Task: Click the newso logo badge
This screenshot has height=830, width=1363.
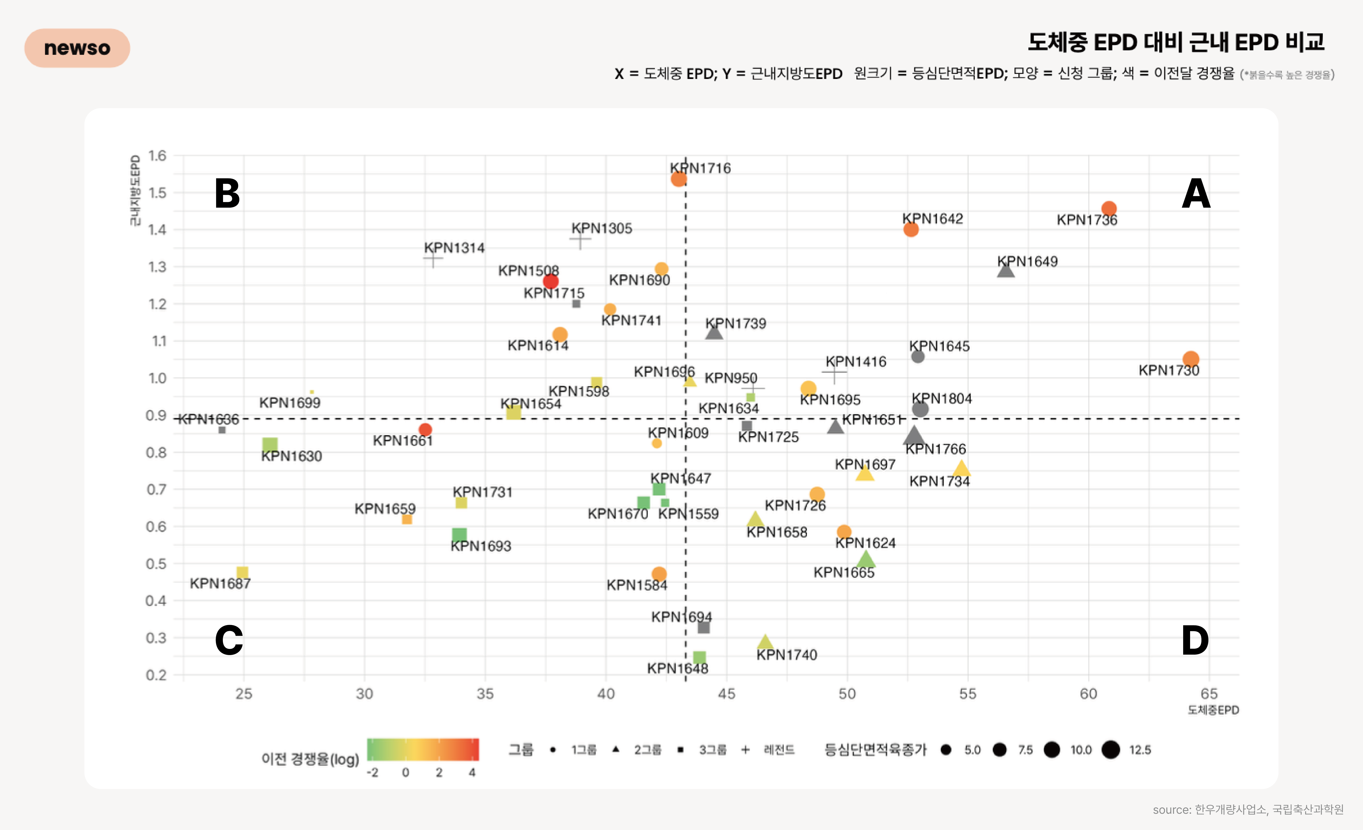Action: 77,48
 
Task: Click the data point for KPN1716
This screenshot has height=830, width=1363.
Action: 679,179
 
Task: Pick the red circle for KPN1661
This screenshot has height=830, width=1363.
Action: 425,429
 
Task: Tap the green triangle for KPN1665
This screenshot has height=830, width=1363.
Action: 866,559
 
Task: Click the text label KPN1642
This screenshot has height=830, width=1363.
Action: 933,219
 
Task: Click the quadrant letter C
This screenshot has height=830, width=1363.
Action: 229,640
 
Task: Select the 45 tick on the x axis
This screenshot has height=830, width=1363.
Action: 726,694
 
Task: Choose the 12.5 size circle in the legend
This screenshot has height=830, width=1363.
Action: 1110,750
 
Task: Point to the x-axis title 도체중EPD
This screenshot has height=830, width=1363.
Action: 1213,710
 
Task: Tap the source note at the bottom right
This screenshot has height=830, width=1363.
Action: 1248,809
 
